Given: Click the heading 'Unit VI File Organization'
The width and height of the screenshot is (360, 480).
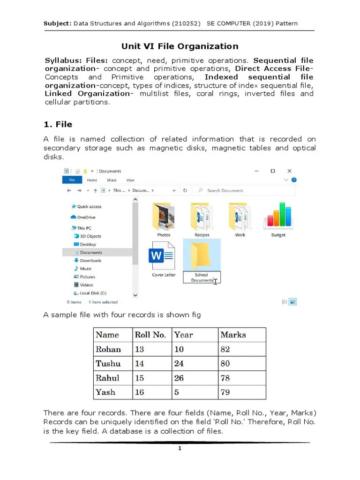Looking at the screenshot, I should point(180,46).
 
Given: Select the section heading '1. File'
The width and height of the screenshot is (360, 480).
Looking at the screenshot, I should point(58,124).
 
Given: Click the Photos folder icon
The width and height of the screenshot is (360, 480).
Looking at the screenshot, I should point(164,216).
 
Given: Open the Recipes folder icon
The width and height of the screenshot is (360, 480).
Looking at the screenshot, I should point(202,216).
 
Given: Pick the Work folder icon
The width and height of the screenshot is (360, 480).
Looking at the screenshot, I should point(240,216).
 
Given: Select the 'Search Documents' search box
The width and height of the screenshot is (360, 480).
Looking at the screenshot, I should point(244,191).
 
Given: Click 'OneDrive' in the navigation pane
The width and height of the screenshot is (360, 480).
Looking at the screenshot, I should point(86,217).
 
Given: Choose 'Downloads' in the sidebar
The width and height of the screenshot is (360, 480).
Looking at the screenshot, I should point(90,261).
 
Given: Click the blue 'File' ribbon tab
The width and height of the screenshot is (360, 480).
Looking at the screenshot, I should point(72,180).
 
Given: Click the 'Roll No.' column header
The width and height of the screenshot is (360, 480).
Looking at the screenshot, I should point(150,335).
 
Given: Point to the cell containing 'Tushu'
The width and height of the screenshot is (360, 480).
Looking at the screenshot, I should point(108,363).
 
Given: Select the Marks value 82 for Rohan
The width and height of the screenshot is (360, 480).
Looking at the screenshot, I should point(225,349).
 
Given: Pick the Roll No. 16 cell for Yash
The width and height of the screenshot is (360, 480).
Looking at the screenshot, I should point(140,392).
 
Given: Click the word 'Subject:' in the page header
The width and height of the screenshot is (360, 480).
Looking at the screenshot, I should point(57,23).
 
